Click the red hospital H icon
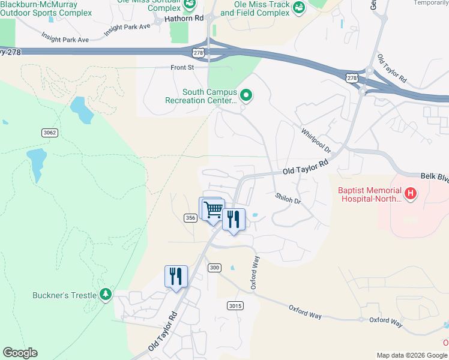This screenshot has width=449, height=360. click(x=411, y=193)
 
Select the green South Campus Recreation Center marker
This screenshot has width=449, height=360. click(x=246, y=95)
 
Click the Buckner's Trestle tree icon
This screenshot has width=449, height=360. click(x=106, y=294)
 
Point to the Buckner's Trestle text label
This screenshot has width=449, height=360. click(x=64, y=295)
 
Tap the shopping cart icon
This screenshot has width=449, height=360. click(x=213, y=210)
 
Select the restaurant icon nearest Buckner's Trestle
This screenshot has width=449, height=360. click(x=176, y=277)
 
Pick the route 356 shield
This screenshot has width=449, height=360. click(x=190, y=218)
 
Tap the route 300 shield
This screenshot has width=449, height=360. click(x=214, y=267)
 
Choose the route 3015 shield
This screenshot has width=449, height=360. click(x=235, y=306)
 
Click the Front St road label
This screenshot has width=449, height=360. click(x=182, y=68)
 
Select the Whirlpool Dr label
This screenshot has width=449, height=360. click(x=316, y=140)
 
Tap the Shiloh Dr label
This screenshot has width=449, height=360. click(x=288, y=199)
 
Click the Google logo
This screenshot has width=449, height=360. click(x=20, y=353)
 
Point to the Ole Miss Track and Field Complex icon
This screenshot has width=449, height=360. click(x=297, y=8)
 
